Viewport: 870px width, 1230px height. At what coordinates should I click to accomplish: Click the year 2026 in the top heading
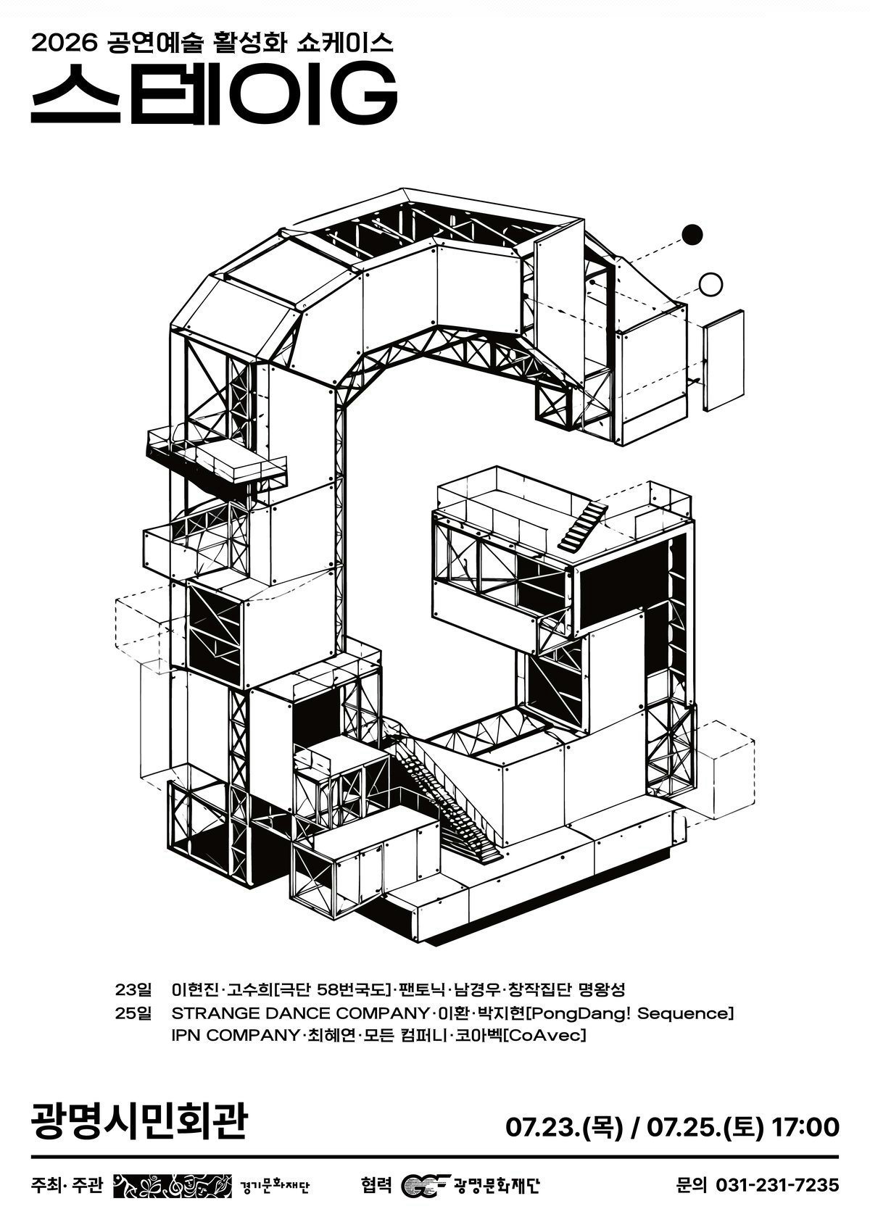point(61,44)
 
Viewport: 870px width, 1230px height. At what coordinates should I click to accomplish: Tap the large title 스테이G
point(214,94)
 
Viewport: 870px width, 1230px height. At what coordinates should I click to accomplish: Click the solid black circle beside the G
point(692,234)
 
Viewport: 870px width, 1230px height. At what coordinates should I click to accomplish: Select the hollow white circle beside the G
point(710,284)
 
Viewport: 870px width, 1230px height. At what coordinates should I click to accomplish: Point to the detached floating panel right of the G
point(724,360)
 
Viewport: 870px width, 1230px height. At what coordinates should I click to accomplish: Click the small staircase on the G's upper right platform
point(583,524)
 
